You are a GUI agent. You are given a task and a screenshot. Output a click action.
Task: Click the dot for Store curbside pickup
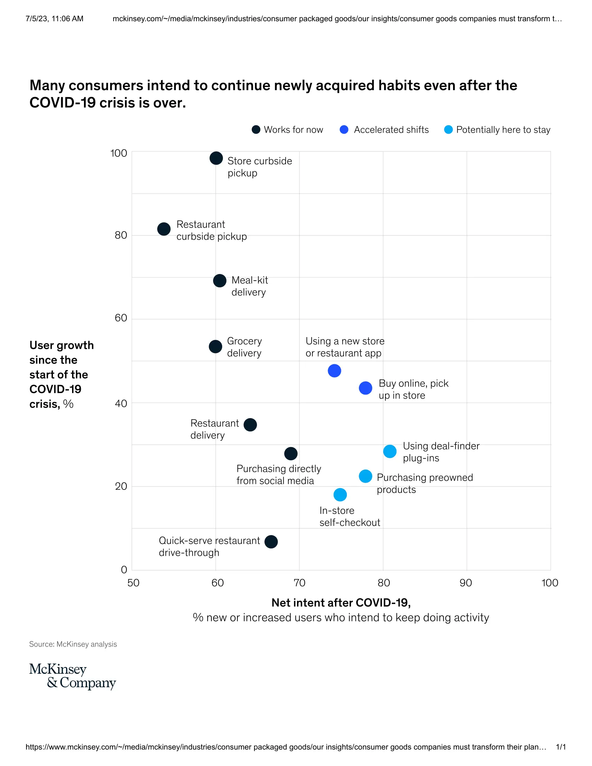tap(216, 158)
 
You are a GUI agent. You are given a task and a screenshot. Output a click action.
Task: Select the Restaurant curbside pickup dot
tap(164, 229)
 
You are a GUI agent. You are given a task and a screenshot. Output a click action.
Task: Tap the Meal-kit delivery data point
tap(219, 281)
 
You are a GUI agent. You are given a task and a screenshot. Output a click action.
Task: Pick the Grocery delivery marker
tap(215, 346)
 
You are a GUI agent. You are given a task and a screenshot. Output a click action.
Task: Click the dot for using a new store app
tap(334, 371)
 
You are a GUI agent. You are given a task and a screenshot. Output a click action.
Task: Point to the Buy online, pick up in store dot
tap(365, 388)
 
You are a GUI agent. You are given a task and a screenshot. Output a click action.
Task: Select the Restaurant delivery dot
tap(250, 425)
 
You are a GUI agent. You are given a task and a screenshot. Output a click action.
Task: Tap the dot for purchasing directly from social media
tap(291, 453)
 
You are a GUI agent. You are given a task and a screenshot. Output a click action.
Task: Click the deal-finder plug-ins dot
tap(390, 451)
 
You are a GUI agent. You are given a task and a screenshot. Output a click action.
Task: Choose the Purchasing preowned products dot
tap(365, 476)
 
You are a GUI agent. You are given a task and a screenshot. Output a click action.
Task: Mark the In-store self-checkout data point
tap(340, 494)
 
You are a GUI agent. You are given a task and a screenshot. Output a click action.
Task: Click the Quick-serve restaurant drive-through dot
tap(271, 541)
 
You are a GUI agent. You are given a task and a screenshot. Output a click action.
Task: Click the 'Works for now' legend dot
tap(256, 130)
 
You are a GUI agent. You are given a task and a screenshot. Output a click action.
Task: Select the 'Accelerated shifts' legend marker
tap(344, 130)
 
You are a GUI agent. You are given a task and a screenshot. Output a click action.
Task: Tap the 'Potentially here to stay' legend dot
tap(448, 130)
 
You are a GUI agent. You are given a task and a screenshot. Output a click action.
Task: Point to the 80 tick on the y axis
tap(121, 235)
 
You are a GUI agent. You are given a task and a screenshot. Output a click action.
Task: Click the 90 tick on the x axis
tap(466, 583)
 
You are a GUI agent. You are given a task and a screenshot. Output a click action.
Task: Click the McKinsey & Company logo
tap(72, 676)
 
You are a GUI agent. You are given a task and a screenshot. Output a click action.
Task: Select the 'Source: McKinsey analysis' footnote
tap(73, 644)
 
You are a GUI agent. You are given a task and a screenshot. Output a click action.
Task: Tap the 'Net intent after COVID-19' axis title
tap(341, 603)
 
